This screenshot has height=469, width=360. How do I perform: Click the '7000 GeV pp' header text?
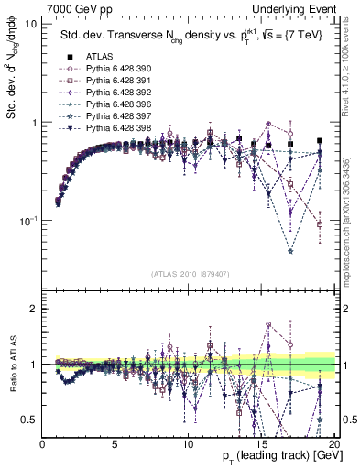pos(75,7)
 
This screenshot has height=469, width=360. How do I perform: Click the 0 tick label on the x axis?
pos(43,443)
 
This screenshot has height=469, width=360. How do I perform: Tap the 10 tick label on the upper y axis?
pos(30,23)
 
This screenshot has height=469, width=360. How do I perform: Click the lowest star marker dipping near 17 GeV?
pos(290,251)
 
